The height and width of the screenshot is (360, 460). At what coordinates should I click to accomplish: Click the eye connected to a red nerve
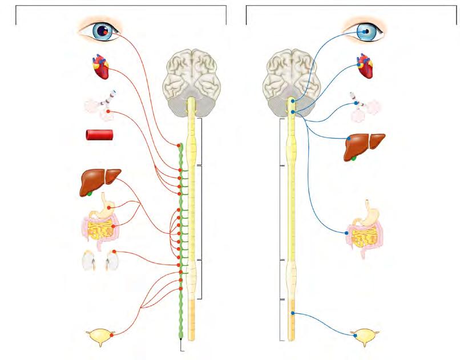[100, 30]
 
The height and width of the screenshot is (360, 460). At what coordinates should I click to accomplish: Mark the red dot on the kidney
[114, 252]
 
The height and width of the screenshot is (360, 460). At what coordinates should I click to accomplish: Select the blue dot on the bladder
[355, 336]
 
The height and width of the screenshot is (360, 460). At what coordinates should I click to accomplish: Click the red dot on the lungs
[107, 111]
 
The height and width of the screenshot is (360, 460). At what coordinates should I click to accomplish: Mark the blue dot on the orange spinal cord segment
[292, 313]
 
